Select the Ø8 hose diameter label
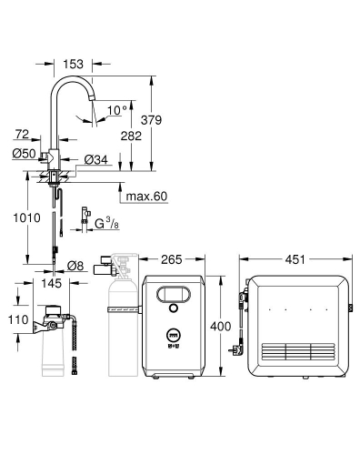77,267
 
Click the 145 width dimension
51,284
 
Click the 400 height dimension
219,326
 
